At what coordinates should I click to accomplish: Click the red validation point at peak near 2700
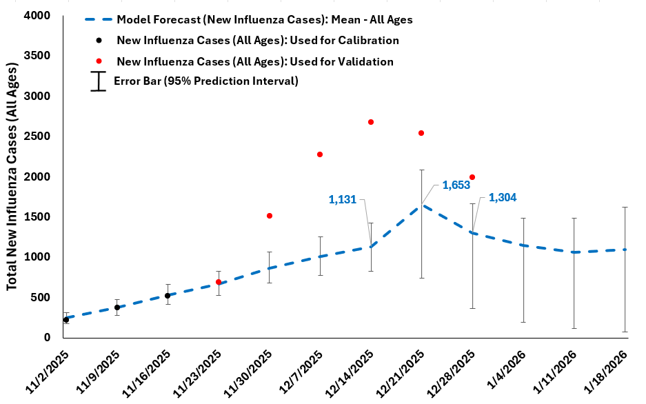point(371,122)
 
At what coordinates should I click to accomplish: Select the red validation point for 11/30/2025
point(270,216)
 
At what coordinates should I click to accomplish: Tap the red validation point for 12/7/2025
point(320,154)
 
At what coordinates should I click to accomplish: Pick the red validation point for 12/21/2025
point(421,133)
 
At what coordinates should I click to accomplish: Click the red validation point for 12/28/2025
point(472,177)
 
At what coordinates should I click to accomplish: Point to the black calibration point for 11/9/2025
point(117,307)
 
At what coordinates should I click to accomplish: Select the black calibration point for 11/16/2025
point(168,296)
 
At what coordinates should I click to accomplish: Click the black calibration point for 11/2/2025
point(66,320)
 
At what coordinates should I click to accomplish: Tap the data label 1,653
point(456,185)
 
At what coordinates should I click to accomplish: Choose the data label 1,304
point(503,197)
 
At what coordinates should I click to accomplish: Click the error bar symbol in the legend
point(99,81)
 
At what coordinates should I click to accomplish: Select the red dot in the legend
point(99,61)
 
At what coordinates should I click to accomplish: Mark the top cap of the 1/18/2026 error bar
point(625,207)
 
